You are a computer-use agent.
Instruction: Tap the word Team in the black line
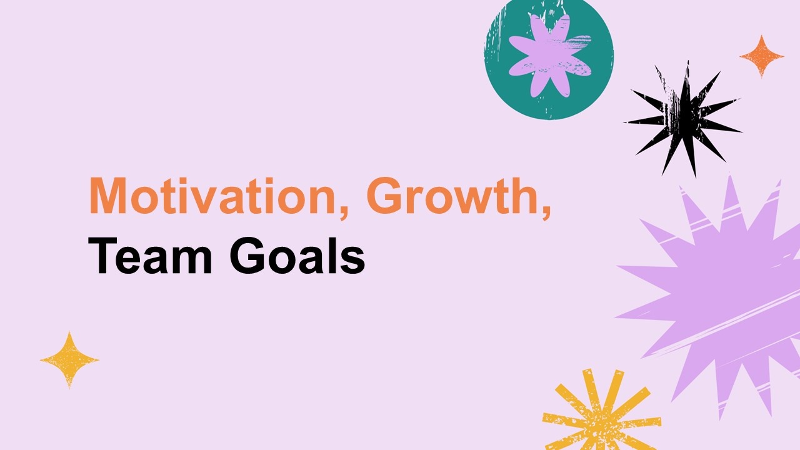click(x=150, y=256)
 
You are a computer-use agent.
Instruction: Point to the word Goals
click(x=297, y=256)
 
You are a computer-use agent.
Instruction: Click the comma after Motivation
click(x=344, y=211)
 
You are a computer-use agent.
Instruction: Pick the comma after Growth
click(x=546, y=211)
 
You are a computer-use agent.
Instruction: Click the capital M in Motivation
click(x=107, y=196)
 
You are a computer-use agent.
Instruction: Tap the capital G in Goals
click(x=247, y=256)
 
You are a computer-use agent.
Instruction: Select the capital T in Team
click(x=102, y=256)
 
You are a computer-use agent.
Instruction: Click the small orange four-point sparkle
click(x=761, y=56)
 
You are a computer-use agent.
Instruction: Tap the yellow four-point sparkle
click(x=69, y=360)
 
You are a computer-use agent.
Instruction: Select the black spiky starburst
click(x=683, y=119)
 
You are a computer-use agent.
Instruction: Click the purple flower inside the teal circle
click(x=550, y=56)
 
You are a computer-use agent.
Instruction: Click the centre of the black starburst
click(x=683, y=119)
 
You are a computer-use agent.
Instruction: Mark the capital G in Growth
click(x=384, y=196)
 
